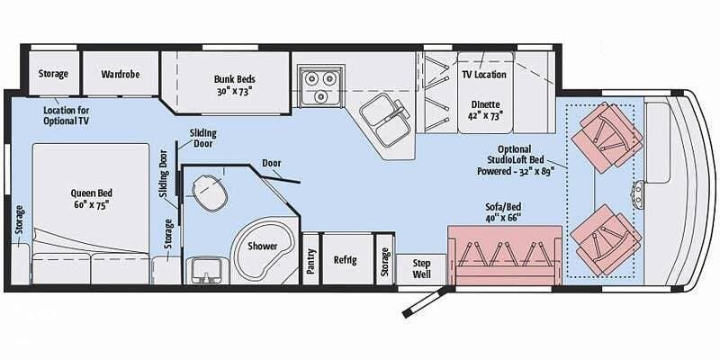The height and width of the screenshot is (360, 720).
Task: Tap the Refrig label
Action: coord(346,261)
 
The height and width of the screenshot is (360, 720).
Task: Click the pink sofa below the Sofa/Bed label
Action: coord(504,254)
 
